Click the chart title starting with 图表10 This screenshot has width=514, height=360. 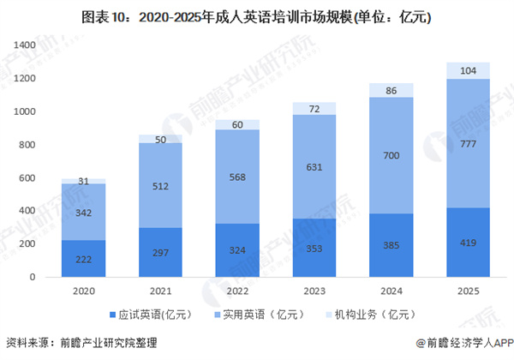coord(256,16)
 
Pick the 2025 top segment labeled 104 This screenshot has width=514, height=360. coord(468,71)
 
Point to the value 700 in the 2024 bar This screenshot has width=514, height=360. coord(392,156)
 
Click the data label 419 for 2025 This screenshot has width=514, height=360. coord(468,243)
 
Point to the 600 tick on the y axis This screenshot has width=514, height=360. coord(26,177)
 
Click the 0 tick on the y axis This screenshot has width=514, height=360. coord(32,278)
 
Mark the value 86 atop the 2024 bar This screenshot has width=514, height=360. coord(392,90)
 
